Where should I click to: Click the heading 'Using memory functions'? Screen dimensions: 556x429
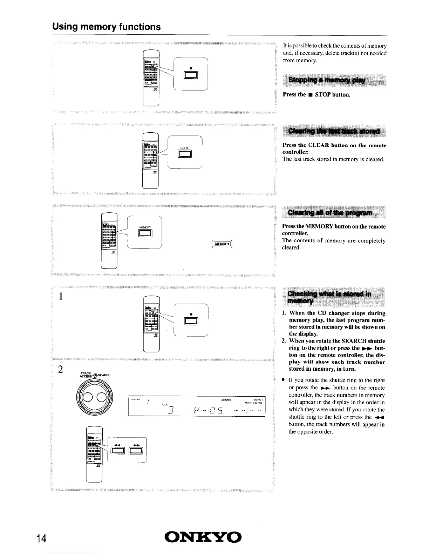[107, 27]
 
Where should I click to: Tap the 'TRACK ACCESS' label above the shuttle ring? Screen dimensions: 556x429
[86, 375]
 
